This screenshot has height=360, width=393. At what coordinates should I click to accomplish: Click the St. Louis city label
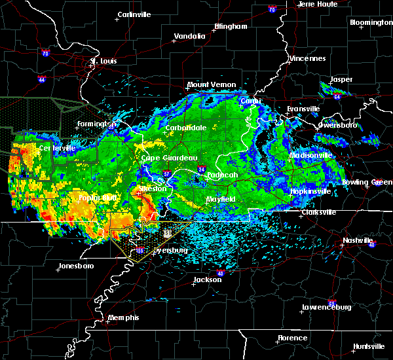coord(103,61)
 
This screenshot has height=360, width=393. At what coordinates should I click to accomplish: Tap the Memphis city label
coord(124,317)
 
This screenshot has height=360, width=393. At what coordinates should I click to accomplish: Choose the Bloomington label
coord(371,22)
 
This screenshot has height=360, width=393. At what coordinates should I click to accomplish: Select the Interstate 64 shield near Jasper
coord(337,97)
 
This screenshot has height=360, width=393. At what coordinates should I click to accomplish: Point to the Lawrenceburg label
coord(326,307)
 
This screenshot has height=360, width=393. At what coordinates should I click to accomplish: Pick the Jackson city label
coord(207,279)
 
